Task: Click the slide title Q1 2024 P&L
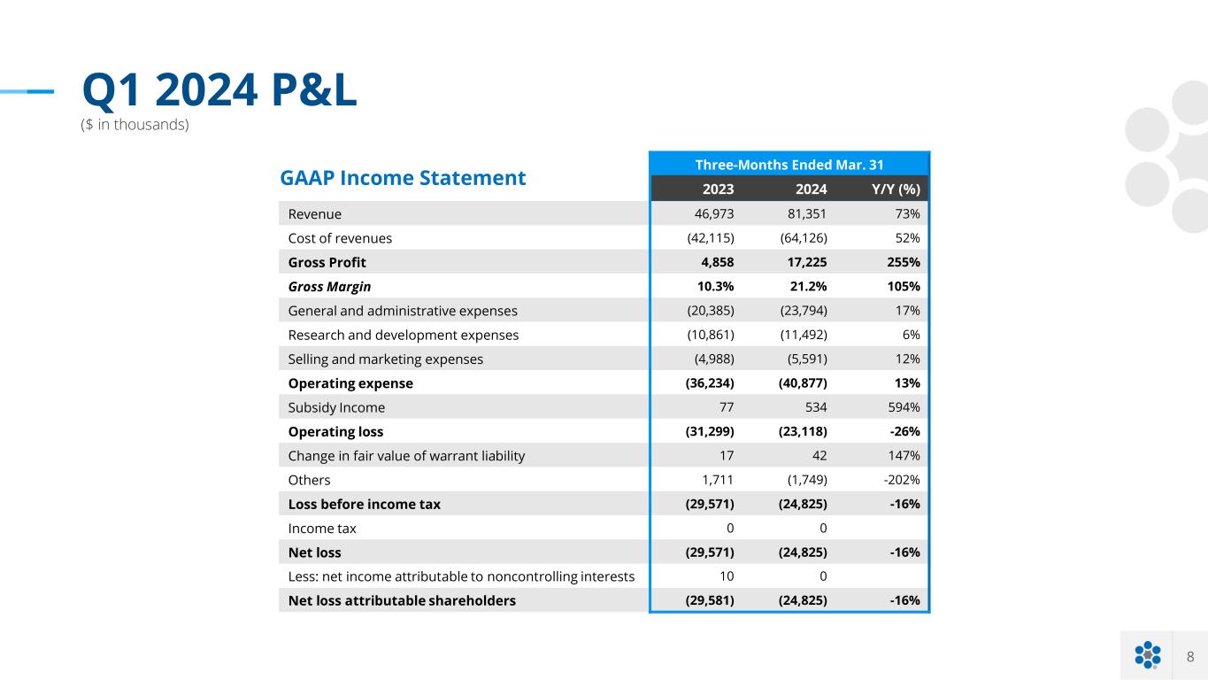click(219, 90)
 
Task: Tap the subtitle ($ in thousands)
click(135, 125)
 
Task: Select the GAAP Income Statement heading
click(403, 178)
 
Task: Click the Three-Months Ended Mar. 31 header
click(789, 164)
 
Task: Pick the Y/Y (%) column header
click(895, 189)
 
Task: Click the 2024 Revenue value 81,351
click(804, 213)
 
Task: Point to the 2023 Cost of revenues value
click(711, 238)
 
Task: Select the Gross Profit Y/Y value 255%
click(899, 262)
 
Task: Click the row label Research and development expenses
click(404, 336)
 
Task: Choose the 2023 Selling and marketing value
click(713, 359)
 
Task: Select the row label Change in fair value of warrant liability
click(406, 456)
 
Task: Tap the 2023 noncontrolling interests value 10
click(726, 576)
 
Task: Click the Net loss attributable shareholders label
click(402, 600)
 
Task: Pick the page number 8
click(1190, 656)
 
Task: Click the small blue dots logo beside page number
click(1147, 655)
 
